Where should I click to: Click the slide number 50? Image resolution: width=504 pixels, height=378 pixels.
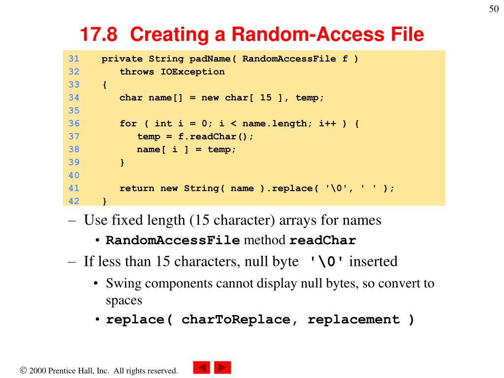pyautogui.click(x=494, y=10)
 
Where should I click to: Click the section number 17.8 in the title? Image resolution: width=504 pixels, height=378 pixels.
pyautogui.click(x=99, y=34)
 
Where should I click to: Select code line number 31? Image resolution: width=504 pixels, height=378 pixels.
pyautogui.click(x=74, y=59)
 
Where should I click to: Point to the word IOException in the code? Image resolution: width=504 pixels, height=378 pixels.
pyautogui.click(x=192, y=72)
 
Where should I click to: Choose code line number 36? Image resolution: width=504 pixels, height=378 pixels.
pyautogui.click(x=74, y=124)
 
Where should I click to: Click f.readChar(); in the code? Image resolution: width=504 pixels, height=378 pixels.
pyautogui.click(x=216, y=136)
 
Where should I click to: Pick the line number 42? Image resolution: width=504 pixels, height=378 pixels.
pyautogui.click(x=74, y=201)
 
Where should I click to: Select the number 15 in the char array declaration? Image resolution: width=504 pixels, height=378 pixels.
pyautogui.click(x=266, y=97)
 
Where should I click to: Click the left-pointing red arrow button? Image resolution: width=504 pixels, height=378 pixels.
pyautogui.click(x=201, y=368)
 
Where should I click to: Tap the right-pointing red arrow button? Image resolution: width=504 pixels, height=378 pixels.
pyautogui.click(x=223, y=368)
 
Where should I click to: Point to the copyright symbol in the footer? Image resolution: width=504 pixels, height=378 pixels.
pyautogui.click(x=23, y=371)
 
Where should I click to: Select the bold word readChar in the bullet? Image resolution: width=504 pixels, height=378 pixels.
pyautogui.click(x=322, y=241)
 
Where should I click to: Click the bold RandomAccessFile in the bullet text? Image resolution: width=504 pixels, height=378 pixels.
pyautogui.click(x=173, y=241)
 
